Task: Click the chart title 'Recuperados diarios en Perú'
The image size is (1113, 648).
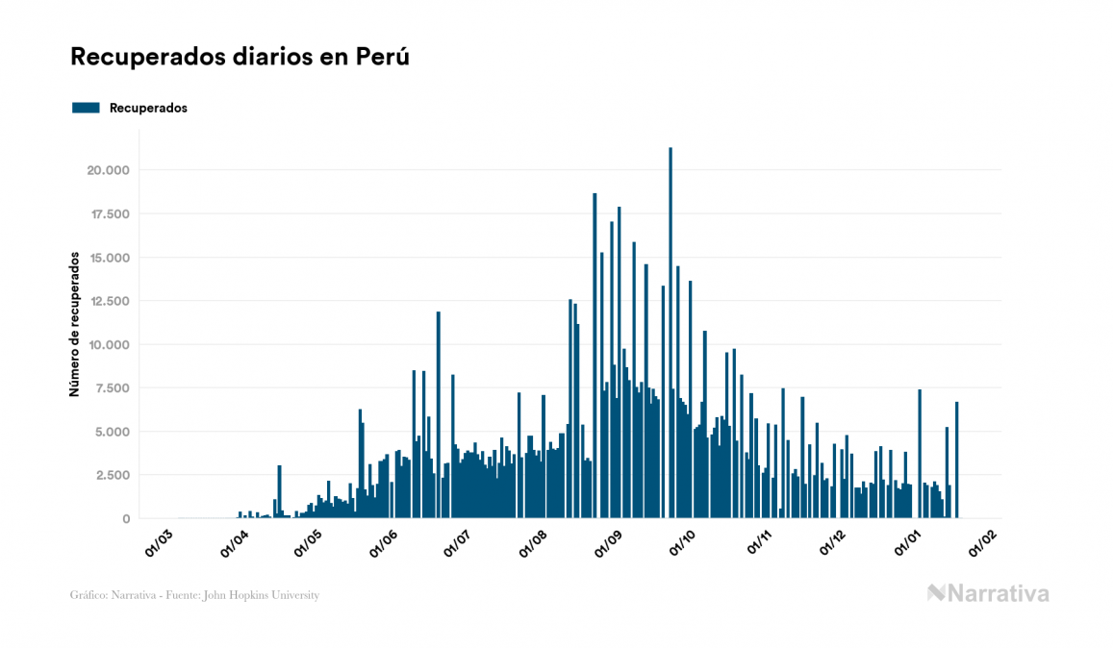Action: (x=240, y=57)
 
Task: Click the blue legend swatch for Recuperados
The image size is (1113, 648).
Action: (x=86, y=108)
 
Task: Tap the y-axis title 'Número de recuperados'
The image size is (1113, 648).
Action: (x=74, y=324)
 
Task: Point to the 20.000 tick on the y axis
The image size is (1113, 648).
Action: (x=107, y=171)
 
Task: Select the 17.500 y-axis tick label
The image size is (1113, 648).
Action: (x=107, y=214)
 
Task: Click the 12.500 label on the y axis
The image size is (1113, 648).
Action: (x=107, y=302)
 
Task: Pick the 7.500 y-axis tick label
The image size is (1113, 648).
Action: (x=111, y=388)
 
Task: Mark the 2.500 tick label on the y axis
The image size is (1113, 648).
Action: (x=111, y=476)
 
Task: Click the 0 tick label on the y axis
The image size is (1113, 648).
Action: (x=125, y=519)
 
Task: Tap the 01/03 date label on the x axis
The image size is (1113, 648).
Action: (x=158, y=542)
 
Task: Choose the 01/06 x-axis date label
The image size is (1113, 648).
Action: (x=383, y=542)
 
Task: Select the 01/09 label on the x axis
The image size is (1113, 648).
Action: (x=609, y=542)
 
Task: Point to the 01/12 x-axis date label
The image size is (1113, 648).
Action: (x=833, y=542)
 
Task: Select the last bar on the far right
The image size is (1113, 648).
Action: (x=956, y=460)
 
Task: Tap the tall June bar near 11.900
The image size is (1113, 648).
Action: (x=439, y=414)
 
